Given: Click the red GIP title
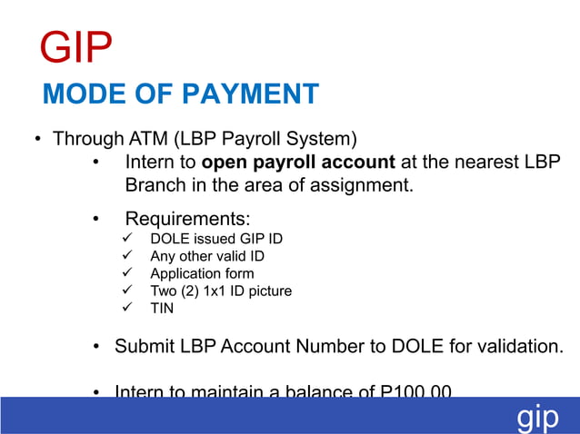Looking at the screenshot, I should [76, 47].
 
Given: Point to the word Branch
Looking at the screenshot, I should [155, 186].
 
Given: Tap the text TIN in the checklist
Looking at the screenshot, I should [162, 308].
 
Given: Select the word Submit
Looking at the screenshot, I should [145, 347].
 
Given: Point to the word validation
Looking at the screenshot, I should [519, 347].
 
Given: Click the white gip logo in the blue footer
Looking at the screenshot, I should [538, 418].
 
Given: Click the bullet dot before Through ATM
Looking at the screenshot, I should [39, 141].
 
